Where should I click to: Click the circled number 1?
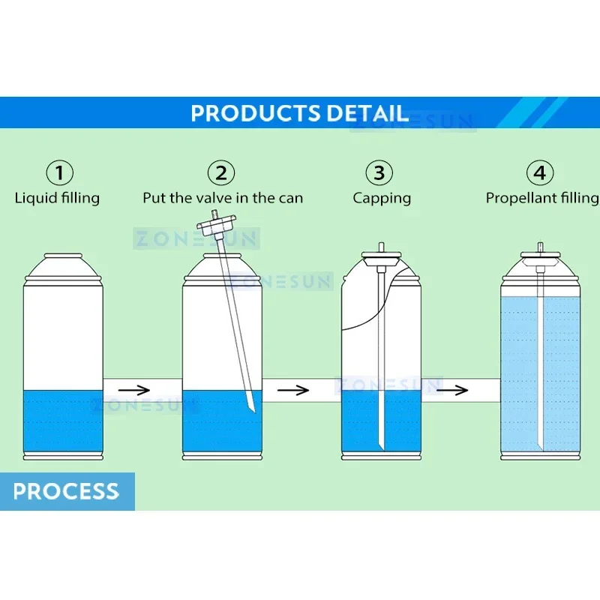point(60,173)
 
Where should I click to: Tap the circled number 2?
point(221,173)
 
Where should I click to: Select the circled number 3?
point(379,173)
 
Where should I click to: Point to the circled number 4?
point(539,173)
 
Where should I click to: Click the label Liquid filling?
point(57,199)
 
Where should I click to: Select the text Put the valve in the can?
point(223,199)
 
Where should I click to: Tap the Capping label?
point(382,199)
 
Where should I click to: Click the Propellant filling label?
point(541,199)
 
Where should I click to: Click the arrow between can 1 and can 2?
point(139,390)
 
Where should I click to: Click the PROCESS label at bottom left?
point(66,492)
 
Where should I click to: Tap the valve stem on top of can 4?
point(540,247)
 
